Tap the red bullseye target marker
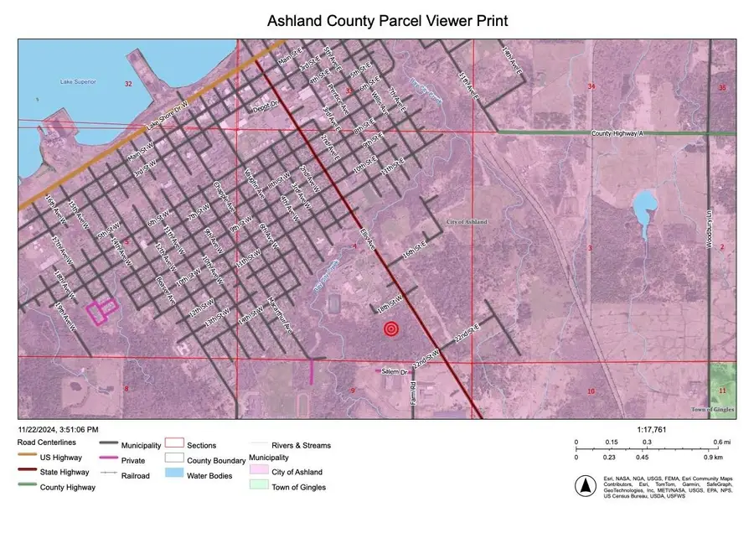click(390, 329)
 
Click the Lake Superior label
click(77, 81)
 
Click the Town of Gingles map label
click(712, 409)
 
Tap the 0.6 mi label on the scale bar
click(720, 442)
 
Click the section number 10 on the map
click(591, 391)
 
